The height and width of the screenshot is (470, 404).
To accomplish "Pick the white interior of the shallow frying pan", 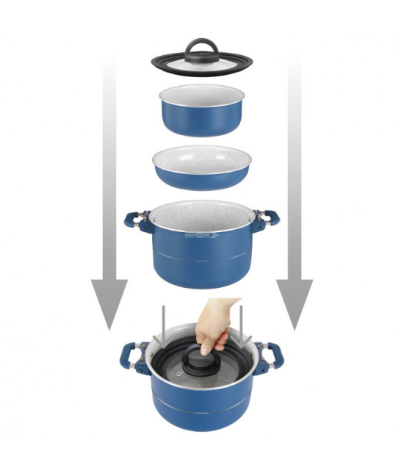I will [x=201, y=158].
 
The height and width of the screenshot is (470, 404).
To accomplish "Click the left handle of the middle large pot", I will [x=137, y=220].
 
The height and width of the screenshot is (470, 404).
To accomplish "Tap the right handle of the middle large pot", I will [x=266, y=219].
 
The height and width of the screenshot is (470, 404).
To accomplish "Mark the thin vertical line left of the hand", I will [x=162, y=323].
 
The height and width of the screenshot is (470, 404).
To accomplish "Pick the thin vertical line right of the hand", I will [x=240, y=323].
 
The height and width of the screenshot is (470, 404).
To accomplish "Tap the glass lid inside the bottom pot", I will [x=176, y=375].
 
